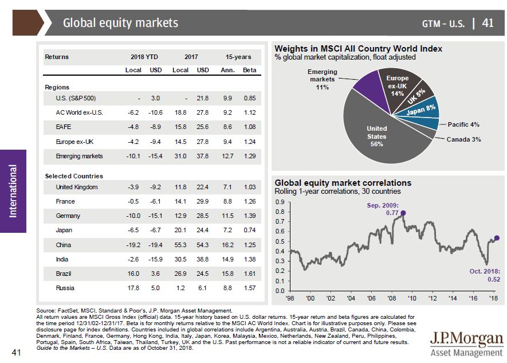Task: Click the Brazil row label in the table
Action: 64,274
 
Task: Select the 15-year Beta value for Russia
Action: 250,288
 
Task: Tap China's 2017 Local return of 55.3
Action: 180,245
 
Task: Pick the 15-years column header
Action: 237,57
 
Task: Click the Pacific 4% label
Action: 463,124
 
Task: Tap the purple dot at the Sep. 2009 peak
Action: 403,213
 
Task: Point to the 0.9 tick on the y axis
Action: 279,202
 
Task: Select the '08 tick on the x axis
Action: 391,299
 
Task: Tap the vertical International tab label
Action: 13,191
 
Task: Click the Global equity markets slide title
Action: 120,23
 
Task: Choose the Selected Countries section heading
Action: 73,176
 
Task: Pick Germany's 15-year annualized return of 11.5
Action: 228,216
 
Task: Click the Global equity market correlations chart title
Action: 343,183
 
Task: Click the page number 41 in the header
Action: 488,23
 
